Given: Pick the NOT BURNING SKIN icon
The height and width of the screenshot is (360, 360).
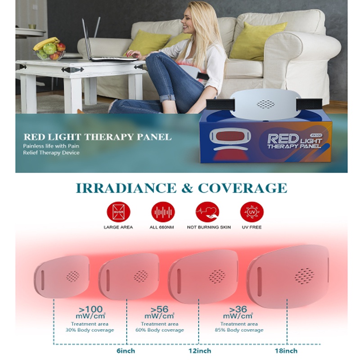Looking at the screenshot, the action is (208, 212).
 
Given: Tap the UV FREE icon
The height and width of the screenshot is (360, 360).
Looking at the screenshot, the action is (252, 212).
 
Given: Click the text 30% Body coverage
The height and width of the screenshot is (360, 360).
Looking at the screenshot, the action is (90, 330).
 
